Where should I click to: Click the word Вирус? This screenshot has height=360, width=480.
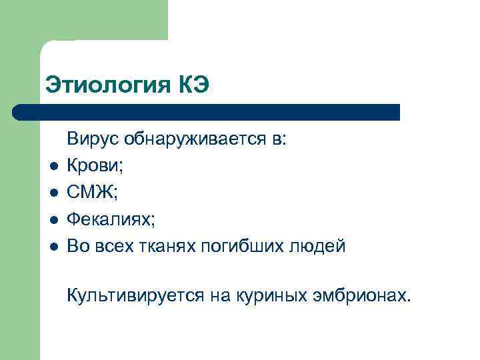(x=91, y=140)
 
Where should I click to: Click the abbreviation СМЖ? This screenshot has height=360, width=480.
(x=89, y=193)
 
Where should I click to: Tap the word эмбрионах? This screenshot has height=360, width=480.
(x=359, y=295)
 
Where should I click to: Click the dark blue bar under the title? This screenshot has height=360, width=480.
(x=207, y=112)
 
